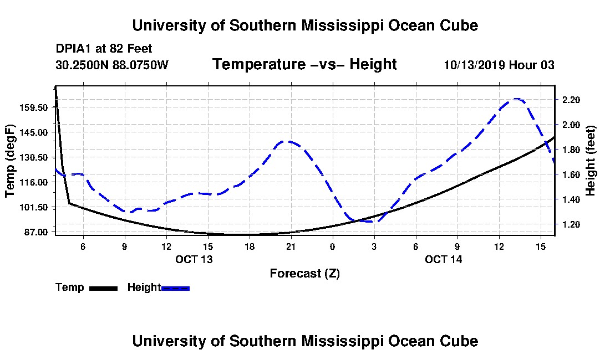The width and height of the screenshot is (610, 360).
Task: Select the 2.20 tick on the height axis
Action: point(571,100)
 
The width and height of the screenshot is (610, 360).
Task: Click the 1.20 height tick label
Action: point(571,224)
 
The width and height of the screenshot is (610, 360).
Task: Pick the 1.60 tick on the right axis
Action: point(571,174)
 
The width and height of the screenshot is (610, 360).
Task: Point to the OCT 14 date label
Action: point(444,259)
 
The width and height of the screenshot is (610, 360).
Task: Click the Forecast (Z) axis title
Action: point(304,273)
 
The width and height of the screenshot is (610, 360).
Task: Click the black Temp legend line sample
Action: point(103,288)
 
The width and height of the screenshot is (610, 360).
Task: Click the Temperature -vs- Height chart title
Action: point(304,64)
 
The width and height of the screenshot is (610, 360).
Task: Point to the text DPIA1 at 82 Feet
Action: point(104,49)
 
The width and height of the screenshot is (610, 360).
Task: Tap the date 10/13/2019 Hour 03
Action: point(499,65)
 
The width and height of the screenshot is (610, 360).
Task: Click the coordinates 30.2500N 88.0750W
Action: point(112,65)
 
